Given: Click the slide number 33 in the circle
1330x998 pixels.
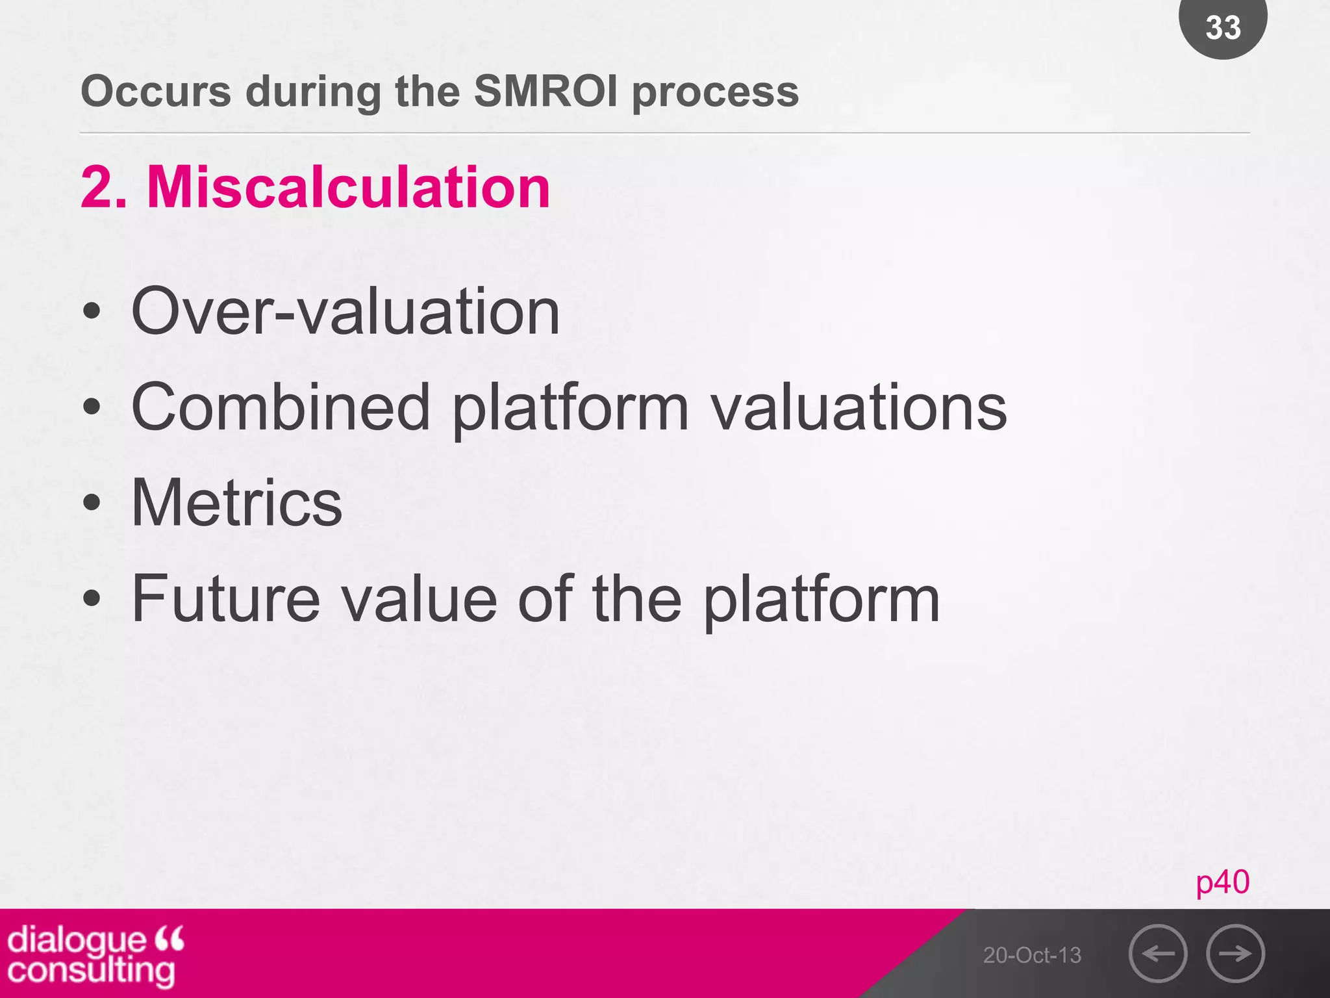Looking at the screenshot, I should [1223, 27].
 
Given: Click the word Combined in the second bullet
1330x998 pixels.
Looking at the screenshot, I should [281, 407].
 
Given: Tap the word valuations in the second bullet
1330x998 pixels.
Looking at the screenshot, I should [858, 407].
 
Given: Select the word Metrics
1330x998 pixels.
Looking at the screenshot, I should [237, 502].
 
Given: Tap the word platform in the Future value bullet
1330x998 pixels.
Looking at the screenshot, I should [822, 599].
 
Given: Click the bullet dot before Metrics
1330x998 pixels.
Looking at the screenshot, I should [92, 502].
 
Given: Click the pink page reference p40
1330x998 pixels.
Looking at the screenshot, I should [1222, 882].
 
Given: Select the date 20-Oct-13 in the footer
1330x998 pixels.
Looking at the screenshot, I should [1032, 955].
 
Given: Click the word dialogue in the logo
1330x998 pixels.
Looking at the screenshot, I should [77, 940].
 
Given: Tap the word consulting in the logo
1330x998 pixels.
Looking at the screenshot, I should [91, 971].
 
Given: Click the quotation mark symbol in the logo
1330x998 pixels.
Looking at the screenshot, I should [170, 938].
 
